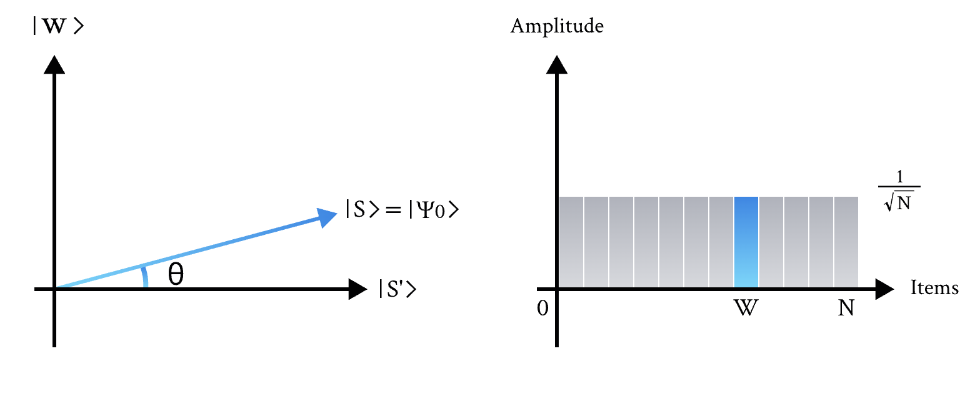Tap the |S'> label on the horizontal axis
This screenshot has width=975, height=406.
click(397, 290)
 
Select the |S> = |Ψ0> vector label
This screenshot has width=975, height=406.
click(403, 209)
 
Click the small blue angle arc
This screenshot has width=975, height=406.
click(145, 277)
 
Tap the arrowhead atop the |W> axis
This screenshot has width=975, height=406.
click(55, 64)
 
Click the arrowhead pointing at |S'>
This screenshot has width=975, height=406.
click(357, 289)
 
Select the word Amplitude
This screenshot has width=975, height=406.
click(557, 27)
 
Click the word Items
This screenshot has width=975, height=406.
click(934, 288)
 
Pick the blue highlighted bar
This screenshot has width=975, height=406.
click(746, 242)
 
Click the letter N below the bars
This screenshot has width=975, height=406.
click(846, 309)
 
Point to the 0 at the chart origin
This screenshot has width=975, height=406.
click(542, 309)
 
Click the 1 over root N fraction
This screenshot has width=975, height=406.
click(899, 197)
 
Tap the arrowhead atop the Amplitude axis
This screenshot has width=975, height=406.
click(556, 64)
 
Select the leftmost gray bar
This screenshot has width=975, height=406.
click(571, 242)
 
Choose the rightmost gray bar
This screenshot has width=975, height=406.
click(846, 242)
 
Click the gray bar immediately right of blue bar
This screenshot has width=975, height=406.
click(771, 242)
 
